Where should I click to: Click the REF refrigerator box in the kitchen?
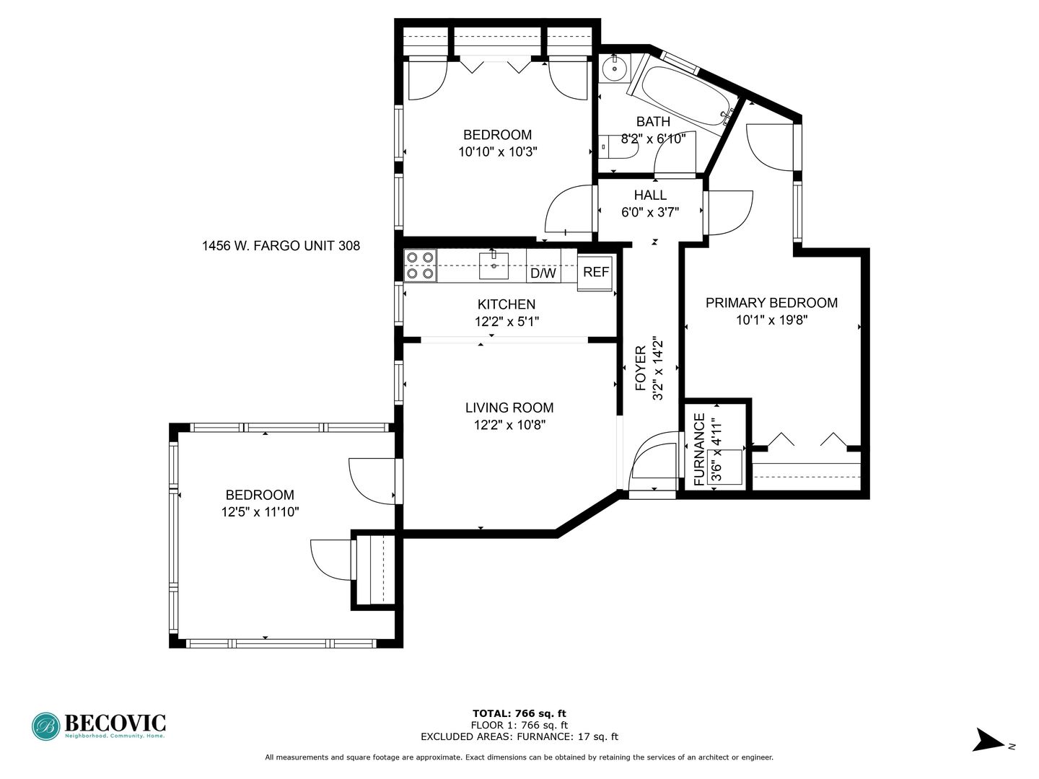pos(595,273)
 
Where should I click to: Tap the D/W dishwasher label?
pos(543,273)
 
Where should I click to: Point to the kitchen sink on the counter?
pos(494,265)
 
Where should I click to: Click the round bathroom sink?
pos(615,69)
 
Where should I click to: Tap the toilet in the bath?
pos(618,147)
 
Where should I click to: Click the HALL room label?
pos(650,195)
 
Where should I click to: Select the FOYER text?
pos(641,369)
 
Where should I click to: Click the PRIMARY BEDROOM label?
pos(771,303)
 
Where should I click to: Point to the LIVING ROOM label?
pos(509,408)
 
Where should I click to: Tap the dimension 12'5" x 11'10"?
pos(260,512)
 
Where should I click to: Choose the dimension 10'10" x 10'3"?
pos(497,151)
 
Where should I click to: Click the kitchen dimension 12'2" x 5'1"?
pos(507,322)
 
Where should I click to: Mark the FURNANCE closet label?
pos(700,449)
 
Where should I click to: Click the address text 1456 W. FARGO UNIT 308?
pos(281,246)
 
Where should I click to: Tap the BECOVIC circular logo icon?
pos(46,726)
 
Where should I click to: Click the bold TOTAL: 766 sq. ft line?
pos(519,713)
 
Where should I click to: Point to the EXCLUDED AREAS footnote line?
pos(519,736)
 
